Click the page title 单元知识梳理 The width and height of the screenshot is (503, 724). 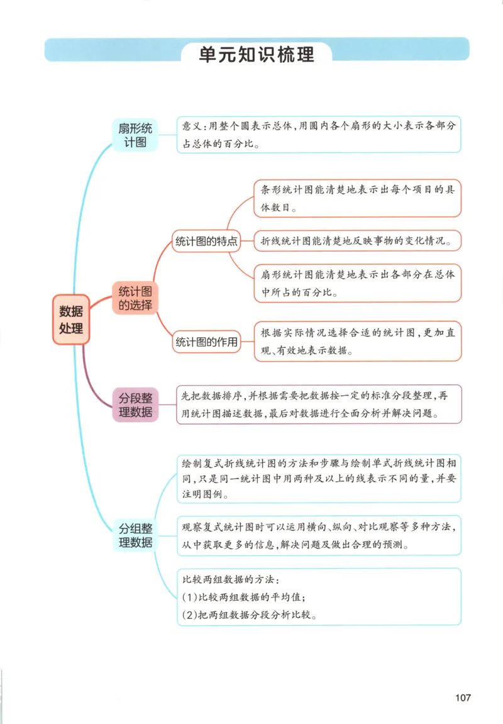(257, 54)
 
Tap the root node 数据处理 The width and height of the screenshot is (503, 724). (71, 320)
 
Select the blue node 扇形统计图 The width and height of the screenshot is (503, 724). (134, 135)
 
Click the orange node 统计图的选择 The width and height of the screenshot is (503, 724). (135, 298)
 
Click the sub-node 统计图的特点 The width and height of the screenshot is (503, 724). (206, 242)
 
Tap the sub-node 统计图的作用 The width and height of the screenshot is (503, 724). (206, 343)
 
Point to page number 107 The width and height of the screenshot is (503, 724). (463, 698)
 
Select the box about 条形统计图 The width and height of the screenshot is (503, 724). (357, 198)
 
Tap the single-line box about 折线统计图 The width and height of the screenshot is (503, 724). (357, 241)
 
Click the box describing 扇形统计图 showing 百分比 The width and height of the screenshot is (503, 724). (357, 283)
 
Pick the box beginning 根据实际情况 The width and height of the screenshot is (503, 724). (357, 341)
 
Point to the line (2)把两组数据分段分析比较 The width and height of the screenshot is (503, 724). (249, 615)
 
